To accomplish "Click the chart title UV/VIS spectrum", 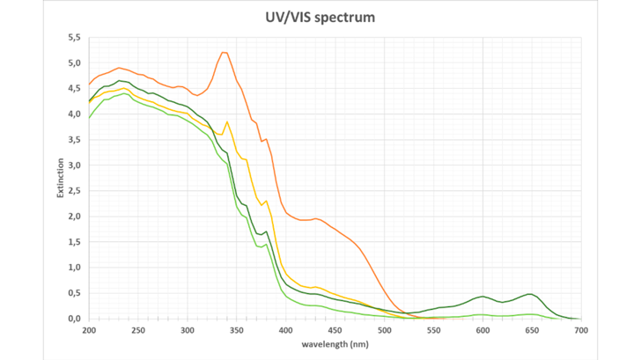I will tap(320, 17).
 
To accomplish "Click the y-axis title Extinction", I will tap(61, 177).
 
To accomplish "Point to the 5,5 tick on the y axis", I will tap(74, 38).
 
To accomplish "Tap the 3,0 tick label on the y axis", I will tap(74, 165).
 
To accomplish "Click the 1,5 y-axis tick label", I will tap(74, 242).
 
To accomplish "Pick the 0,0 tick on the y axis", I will tap(74, 319).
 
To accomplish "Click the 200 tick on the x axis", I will tap(88, 330).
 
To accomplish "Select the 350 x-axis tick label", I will tap(236, 330).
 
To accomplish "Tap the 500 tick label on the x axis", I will tap(384, 330).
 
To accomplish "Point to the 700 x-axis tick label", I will tap(580, 330).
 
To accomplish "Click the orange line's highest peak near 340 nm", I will tap(225, 53).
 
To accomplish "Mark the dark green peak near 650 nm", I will tap(530, 294).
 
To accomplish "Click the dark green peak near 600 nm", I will tap(483, 297).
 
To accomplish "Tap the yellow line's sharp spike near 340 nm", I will tap(227, 121).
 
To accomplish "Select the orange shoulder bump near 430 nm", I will tap(316, 218).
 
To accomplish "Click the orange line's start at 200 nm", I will tap(89, 84).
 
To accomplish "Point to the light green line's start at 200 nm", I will tap(89, 118).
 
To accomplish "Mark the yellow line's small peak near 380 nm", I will tap(265, 201).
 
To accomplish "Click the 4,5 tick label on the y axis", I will tap(74, 89).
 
